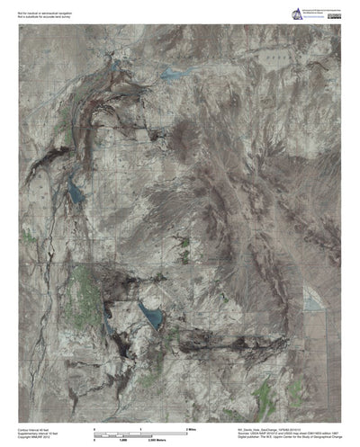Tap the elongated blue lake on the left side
[x=76, y=190]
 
